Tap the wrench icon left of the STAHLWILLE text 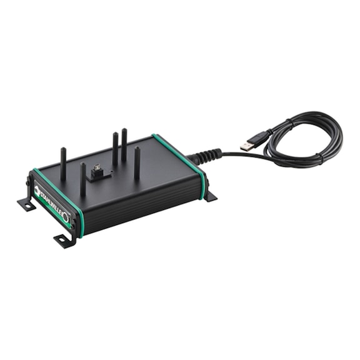37,189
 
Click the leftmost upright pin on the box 62,164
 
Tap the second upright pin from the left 82,179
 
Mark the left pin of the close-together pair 115,150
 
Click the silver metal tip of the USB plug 246,146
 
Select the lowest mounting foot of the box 64,239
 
